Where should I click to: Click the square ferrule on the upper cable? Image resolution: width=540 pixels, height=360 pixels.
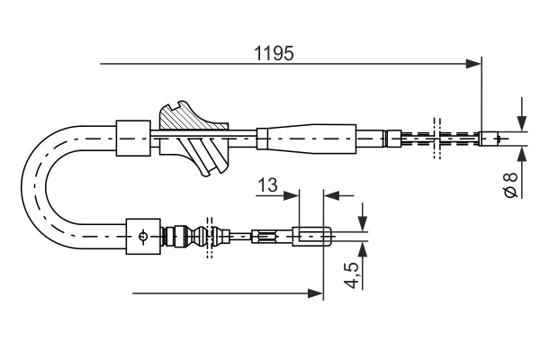[x=130, y=137]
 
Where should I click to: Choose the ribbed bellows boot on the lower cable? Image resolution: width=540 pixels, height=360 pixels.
[x=193, y=238]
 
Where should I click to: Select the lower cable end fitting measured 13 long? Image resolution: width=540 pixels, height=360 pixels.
[x=314, y=238]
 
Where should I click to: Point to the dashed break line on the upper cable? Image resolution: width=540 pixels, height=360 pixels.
[x=436, y=138]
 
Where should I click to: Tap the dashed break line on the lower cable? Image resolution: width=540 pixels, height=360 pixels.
[x=210, y=238]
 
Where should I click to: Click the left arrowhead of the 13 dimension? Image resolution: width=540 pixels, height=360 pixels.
[x=291, y=193]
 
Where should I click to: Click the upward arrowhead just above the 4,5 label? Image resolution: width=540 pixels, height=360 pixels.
[x=363, y=248]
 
